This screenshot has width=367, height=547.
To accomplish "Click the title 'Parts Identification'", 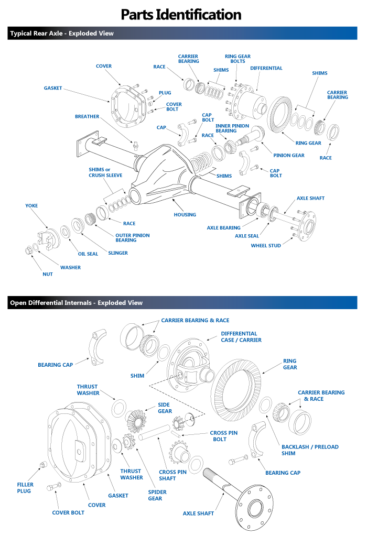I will pyautogui.click(x=181, y=14).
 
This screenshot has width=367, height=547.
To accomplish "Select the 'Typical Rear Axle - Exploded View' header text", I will pyautogui.click(x=61, y=34).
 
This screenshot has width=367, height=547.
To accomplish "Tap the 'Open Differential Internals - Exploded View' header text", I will pyautogui.click(x=76, y=303).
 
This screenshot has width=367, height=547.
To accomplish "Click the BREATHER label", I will pyautogui.click(x=87, y=116).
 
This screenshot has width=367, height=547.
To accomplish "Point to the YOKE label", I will pyautogui.click(x=31, y=206).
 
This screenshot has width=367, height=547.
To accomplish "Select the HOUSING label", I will pyautogui.click(x=185, y=214).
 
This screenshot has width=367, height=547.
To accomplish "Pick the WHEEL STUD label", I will pyautogui.click(x=265, y=245).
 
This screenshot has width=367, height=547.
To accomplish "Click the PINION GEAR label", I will pyautogui.click(x=288, y=155).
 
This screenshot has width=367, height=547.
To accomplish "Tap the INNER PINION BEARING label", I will pyautogui.click(x=232, y=128).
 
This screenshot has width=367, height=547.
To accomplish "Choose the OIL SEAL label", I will pyautogui.click(x=88, y=254).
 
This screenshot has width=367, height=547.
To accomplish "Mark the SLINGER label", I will pyautogui.click(x=117, y=253).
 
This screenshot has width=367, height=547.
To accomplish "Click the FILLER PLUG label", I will pyautogui.click(x=25, y=488).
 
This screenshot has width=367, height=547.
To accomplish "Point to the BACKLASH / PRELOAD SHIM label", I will pyautogui.click(x=310, y=450).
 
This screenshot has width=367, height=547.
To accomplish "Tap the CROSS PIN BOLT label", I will pyautogui.click(x=223, y=436).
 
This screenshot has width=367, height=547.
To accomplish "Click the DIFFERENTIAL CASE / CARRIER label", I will pyautogui.click(x=241, y=336).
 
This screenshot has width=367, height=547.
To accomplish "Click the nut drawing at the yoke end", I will pyautogui.click(x=29, y=251).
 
